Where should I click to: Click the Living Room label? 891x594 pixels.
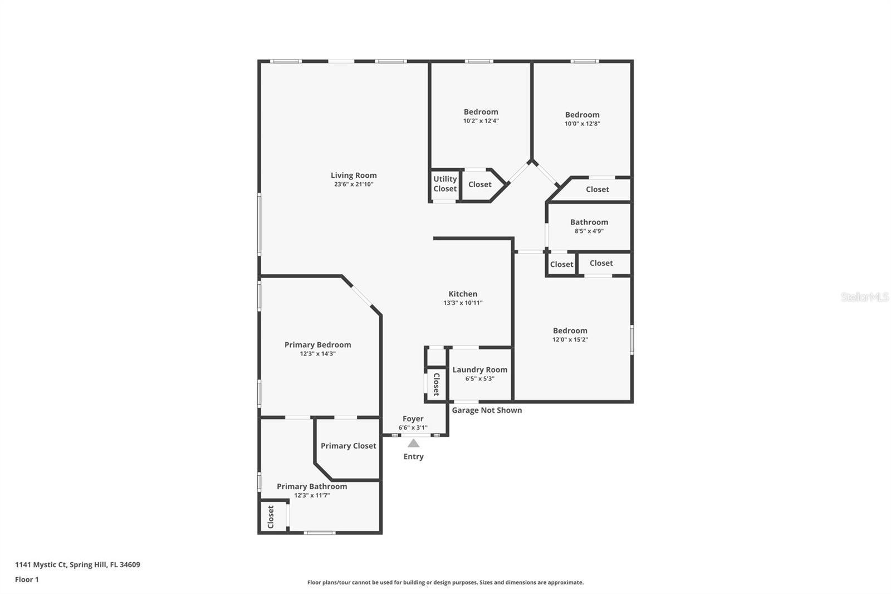tap(354, 176)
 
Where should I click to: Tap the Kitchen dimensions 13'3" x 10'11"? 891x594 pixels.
tap(463, 303)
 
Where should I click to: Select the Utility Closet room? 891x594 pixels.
tap(445, 184)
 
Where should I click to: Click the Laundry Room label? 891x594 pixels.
tap(479, 370)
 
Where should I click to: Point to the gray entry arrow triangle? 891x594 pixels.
tap(413, 444)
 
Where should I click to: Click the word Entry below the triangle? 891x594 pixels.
tap(413, 456)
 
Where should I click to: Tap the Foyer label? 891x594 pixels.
tap(413, 419)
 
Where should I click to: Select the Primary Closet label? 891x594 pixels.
tap(348, 446)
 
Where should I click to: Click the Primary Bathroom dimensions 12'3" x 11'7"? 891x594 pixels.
tap(312, 495)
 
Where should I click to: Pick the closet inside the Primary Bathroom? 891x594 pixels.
tap(271, 517)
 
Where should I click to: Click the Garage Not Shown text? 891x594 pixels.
tap(487, 410)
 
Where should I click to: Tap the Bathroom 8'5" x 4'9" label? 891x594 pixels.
tap(589, 222)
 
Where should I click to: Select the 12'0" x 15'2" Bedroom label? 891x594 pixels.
tap(570, 331)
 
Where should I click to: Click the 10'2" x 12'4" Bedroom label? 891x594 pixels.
tap(481, 112)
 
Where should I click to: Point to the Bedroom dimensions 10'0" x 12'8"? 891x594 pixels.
tap(582, 124)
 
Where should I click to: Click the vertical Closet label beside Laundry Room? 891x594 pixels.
tap(436, 384)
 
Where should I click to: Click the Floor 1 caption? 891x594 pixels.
tap(27, 580)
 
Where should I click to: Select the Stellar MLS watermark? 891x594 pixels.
tap(864, 297)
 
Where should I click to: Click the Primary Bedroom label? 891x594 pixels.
tap(317, 345)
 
